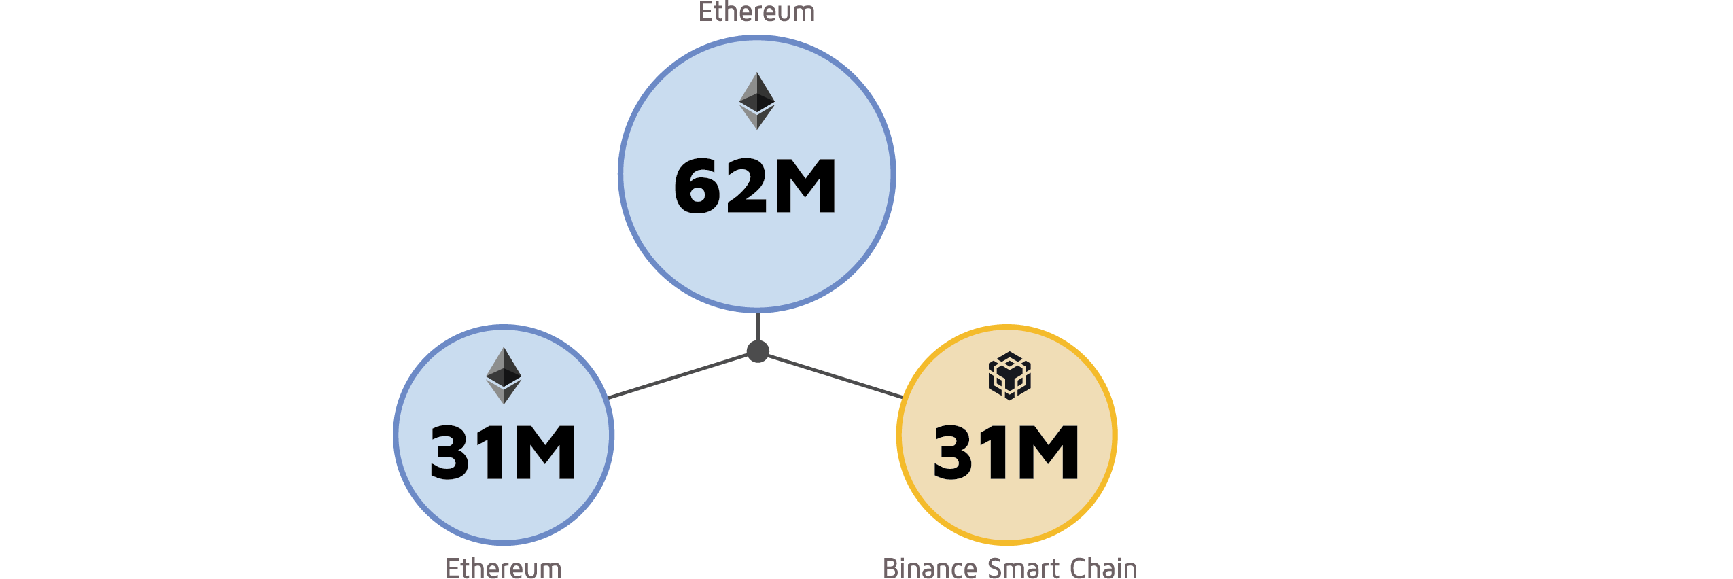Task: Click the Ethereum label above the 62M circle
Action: click(756, 12)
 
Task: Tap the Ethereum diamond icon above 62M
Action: click(756, 101)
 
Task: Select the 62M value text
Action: click(755, 186)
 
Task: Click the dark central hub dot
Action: click(758, 351)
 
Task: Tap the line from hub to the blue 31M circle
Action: click(680, 376)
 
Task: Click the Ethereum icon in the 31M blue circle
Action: click(504, 376)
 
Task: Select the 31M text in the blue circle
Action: click(504, 453)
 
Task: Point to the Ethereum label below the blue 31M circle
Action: click(504, 568)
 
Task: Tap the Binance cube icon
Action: click(1009, 376)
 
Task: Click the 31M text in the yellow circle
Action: click(1006, 453)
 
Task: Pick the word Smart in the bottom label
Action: click(1023, 568)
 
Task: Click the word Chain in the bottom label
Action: click(1103, 568)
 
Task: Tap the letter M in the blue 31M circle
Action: click(544, 453)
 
